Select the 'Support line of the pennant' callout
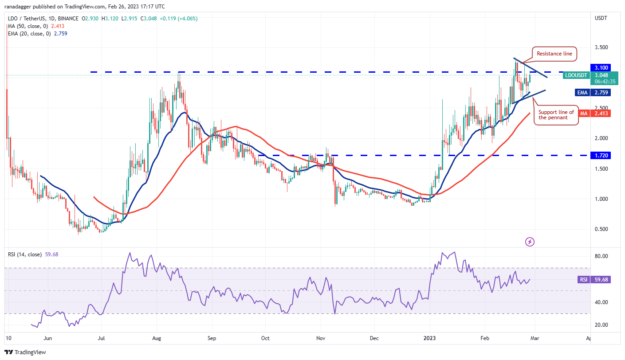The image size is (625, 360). (x=556, y=115)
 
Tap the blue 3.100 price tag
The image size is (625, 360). (x=600, y=67)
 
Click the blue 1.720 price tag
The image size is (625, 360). (x=600, y=156)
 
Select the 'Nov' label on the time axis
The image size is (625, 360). (x=321, y=338)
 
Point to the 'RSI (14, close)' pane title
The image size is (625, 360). (x=25, y=254)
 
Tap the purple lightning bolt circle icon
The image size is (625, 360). (x=530, y=242)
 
